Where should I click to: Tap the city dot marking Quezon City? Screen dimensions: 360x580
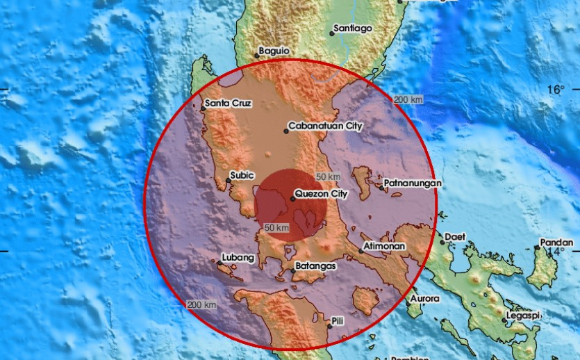[292, 199]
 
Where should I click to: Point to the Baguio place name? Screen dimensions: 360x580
[273, 50]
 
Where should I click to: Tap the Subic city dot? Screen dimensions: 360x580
[229, 181]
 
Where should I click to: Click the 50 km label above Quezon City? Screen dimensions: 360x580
[327, 177]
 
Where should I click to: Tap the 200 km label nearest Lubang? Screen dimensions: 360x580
[201, 305]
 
